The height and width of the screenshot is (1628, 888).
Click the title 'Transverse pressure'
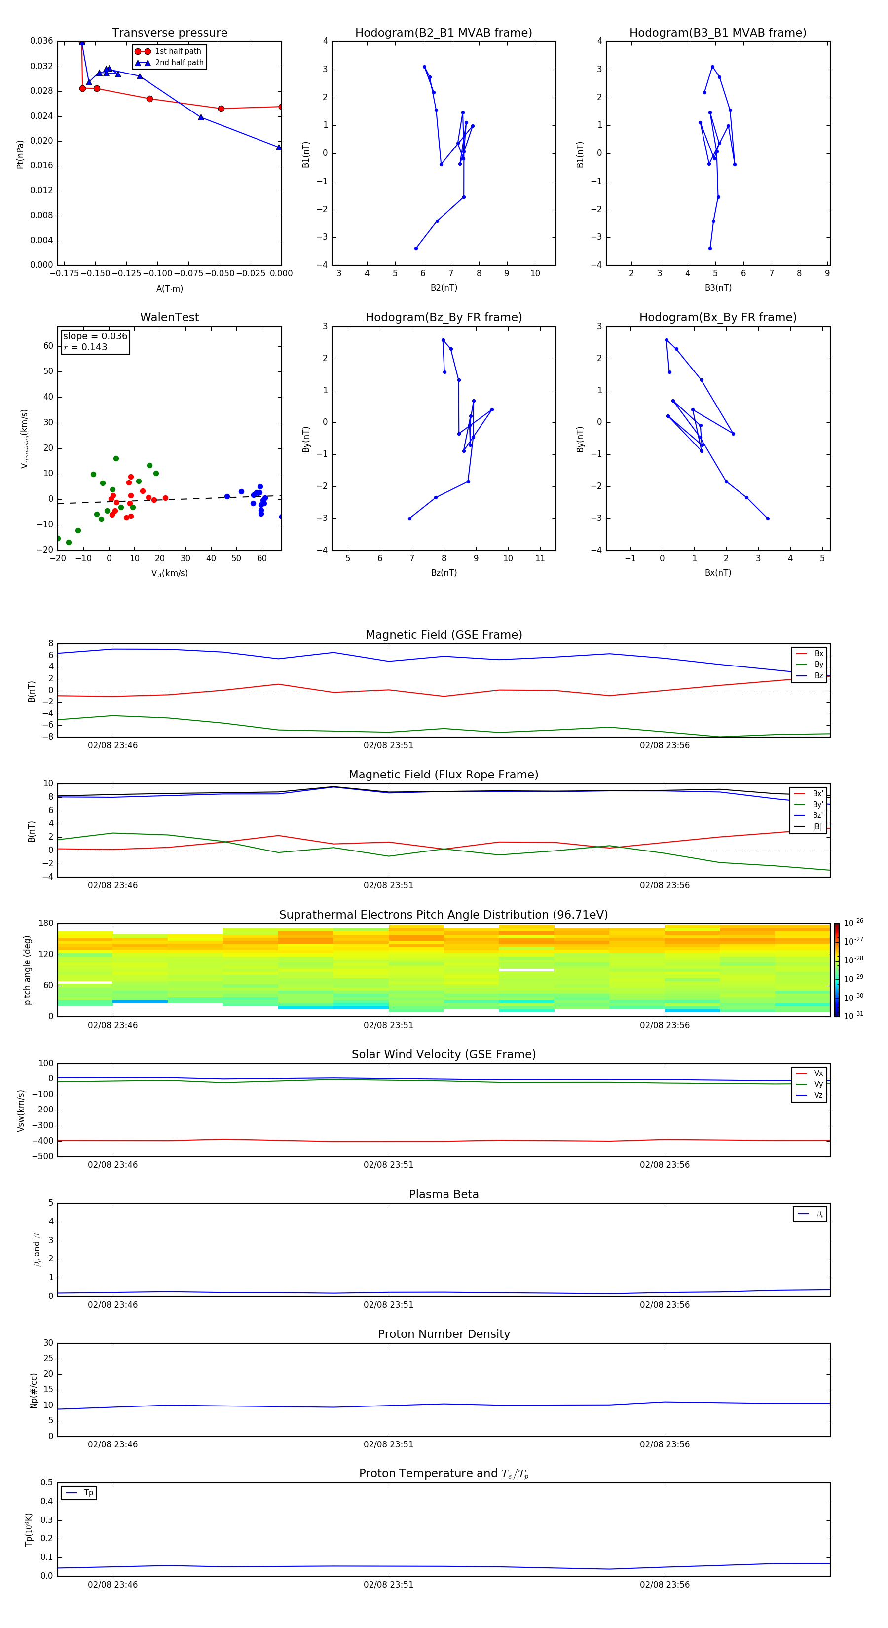[x=169, y=33]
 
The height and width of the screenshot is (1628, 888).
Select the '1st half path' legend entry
[x=178, y=51]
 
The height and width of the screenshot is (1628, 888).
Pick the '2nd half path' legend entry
[x=179, y=63]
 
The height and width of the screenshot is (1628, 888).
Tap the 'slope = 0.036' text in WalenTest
[x=95, y=336]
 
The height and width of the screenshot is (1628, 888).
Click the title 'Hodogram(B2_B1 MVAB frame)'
[x=443, y=33]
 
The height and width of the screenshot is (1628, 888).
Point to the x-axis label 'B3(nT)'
[x=718, y=288]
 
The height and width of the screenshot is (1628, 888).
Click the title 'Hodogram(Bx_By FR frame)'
[x=717, y=317]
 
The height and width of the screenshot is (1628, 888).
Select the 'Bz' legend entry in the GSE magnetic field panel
[x=818, y=675]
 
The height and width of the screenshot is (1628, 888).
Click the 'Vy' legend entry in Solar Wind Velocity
[x=818, y=1084]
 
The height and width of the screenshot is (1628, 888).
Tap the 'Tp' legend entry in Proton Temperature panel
[x=88, y=1493]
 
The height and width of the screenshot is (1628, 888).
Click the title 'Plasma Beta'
[x=444, y=1194]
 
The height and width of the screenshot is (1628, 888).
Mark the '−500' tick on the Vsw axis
[x=43, y=1156]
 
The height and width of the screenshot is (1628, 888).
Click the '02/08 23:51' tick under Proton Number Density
[x=388, y=1444]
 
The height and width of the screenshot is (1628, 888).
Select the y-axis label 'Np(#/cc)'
[x=34, y=1390]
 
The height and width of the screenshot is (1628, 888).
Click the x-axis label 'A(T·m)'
[x=169, y=288]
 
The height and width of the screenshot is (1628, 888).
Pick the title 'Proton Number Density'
[x=444, y=1334]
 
